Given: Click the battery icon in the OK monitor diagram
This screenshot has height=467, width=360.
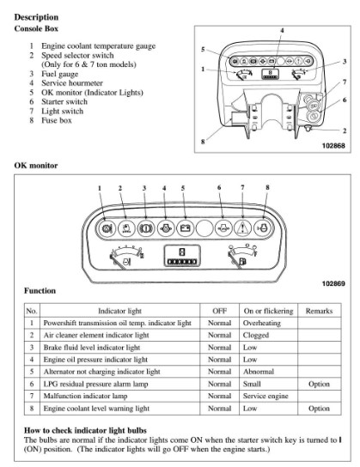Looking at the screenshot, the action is point(185,228).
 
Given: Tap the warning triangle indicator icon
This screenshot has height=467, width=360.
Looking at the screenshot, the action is point(243,228).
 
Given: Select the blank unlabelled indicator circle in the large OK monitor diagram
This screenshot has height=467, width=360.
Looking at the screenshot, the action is point(204,228).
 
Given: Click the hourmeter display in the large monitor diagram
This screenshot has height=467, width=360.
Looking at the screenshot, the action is point(182,256).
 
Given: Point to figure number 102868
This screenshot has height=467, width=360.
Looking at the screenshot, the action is point(333,146).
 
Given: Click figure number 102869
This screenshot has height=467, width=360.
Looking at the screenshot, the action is point(333,283).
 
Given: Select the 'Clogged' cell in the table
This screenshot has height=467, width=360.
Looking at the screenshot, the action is point(256,336).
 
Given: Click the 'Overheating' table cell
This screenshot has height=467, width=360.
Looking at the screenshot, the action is point(262,323).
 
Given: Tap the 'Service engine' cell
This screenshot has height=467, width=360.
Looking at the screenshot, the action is point(265,396).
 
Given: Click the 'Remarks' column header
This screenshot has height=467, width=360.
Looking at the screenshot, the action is point(319,311).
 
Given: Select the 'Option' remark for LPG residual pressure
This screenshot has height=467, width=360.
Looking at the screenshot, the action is point(319,385).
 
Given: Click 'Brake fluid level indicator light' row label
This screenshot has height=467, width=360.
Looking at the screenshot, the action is point(92,348).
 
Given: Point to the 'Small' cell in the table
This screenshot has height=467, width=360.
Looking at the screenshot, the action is point(252,384).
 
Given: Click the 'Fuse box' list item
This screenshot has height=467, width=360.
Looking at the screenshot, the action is point(57,120).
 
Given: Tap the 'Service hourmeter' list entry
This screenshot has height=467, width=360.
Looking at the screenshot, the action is point(72,83).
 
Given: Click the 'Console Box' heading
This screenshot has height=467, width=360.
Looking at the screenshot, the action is point(36,28).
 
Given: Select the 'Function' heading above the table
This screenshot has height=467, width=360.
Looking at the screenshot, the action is point(40,291).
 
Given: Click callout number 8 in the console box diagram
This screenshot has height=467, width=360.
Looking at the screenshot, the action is point(203,142).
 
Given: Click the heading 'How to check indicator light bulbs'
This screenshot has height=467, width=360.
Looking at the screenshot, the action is point(85,430).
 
